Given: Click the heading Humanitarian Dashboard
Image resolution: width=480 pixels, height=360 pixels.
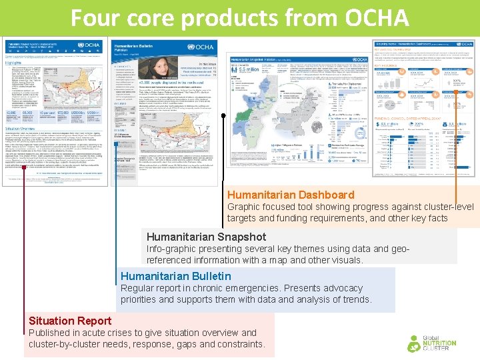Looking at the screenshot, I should pyautogui.click(x=281, y=195).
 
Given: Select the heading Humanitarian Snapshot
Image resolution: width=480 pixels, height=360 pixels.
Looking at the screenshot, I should pyautogui.click(x=206, y=237).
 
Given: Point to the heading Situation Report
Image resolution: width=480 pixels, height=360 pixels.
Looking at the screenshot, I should pyautogui.click(x=70, y=321).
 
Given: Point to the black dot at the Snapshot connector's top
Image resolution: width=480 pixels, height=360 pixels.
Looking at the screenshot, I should pyautogui.click(x=224, y=116).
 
